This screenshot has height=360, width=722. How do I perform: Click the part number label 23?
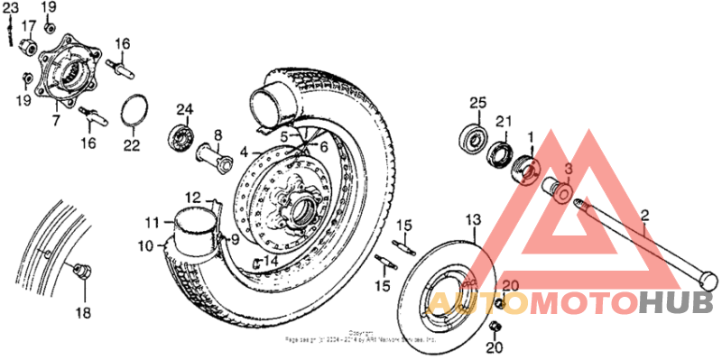pyautogui.click(x=11, y=8)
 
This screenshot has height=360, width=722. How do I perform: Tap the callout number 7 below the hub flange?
pyautogui.click(x=56, y=118)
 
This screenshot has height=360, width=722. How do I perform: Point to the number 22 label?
pyautogui.click(x=132, y=143)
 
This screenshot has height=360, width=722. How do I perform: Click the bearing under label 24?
pyautogui.click(x=183, y=138)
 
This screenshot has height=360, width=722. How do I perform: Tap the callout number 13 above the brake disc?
pyautogui.click(x=474, y=220)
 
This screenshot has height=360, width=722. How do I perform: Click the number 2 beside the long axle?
pyautogui.click(x=644, y=214)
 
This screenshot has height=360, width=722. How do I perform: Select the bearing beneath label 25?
pyautogui.click(x=472, y=135)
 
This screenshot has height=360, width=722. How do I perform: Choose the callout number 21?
pyautogui.click(x=504, y=122)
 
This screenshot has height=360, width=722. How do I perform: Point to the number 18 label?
pyautogui.click(x=83, y=313)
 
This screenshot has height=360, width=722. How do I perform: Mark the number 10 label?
pyautogui.click(x=146, y=245)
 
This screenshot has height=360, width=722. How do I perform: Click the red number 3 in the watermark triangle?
pyautogui.click(x=569, y=169)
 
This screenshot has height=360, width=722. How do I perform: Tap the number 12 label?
pyautogui.click(x=193, y=198)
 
